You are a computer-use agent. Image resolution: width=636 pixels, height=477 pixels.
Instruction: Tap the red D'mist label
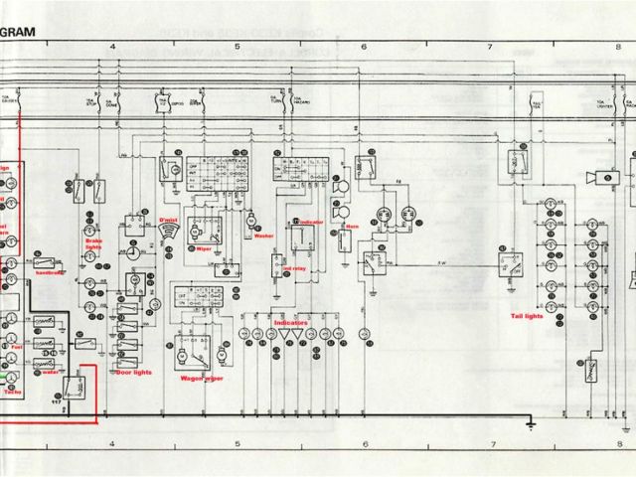[x=167, y=217]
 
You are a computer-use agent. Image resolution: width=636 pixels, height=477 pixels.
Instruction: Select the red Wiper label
[x=205, y=248]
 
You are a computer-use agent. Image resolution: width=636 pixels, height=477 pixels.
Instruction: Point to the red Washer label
[x=262, y=236]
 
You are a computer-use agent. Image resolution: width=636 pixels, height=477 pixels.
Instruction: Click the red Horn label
[x=351, y=226]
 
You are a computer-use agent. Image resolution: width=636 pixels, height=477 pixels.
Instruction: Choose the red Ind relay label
[x=295, y=268]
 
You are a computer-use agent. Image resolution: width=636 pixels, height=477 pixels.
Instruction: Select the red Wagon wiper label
[x=201, y=378]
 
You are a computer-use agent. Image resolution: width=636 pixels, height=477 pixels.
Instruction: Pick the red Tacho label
[x=12, y=392]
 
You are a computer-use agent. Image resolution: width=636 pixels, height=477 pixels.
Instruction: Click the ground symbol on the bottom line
[x=531, y=425]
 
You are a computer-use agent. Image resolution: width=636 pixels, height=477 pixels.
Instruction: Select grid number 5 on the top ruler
[x=238, y=47]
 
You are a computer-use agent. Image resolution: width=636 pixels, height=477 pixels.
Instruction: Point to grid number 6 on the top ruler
[x=364, y=47]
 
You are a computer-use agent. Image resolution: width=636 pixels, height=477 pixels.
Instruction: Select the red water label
[x=49, y=374]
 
